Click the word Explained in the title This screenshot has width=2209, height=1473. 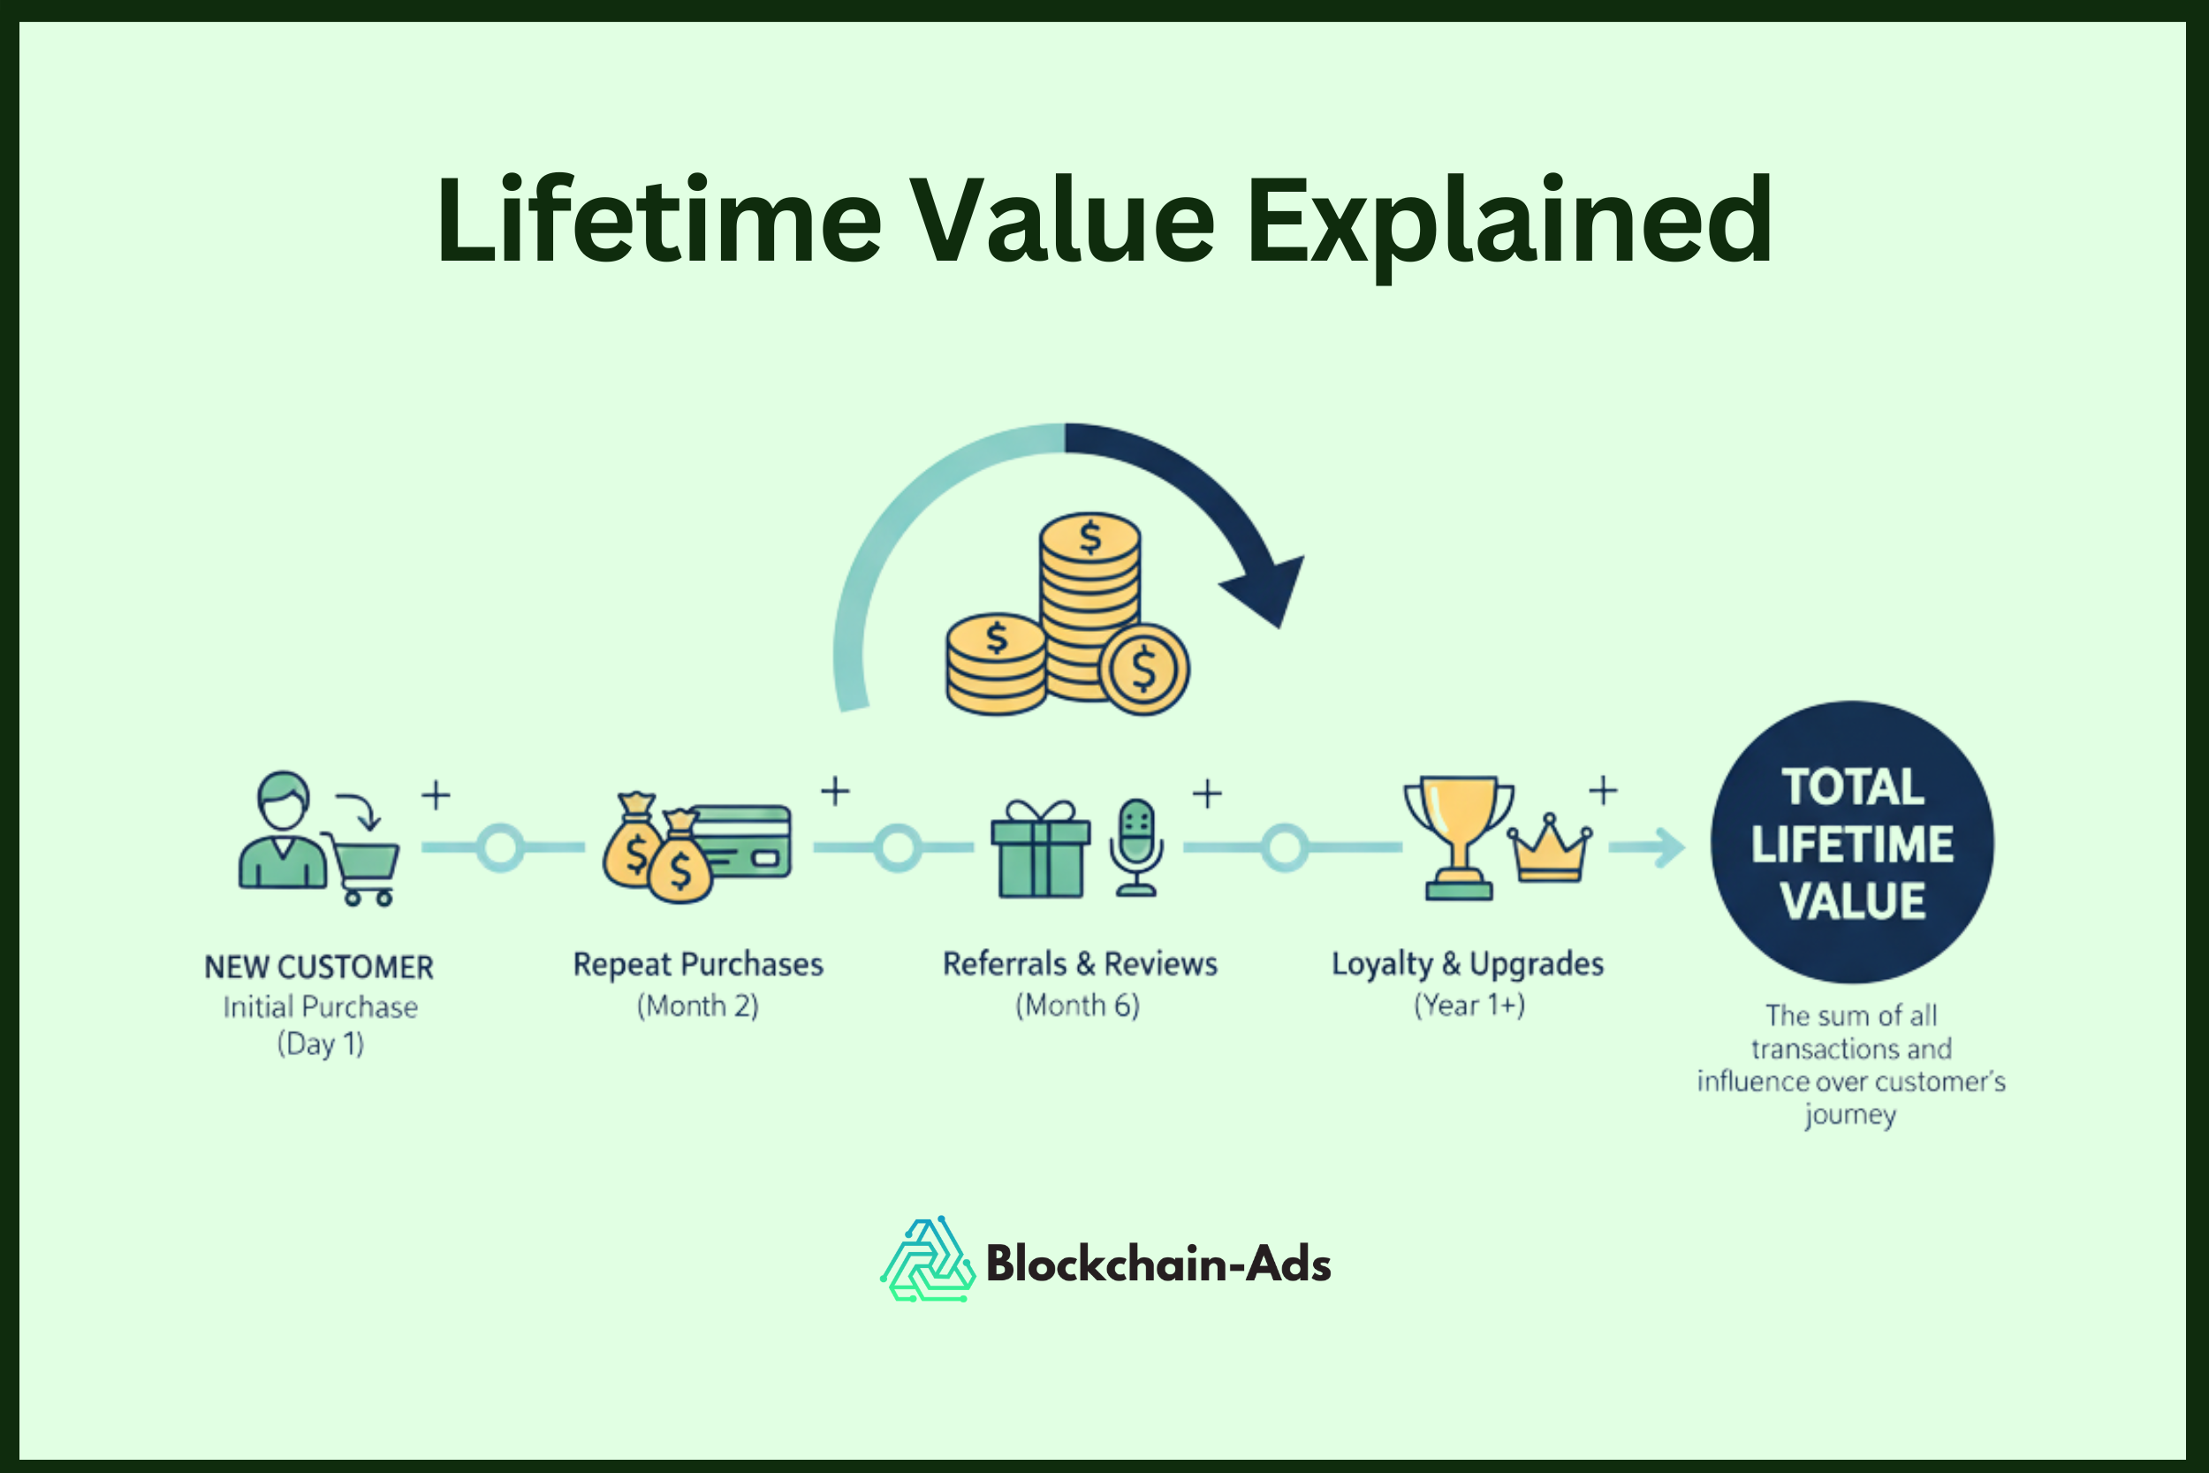(x=1508, y=223)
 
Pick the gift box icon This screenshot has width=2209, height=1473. (x=1041, y=849)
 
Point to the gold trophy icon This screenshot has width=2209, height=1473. (x=1459, y=836)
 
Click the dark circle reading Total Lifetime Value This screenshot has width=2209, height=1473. (x=1851, y=843)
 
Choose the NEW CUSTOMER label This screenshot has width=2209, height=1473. (x=319, y=968)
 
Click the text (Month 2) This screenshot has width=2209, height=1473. (x=698, y=1006)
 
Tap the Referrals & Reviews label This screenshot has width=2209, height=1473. (x=1080, y=964)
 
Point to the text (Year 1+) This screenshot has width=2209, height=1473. (x=1469, y=1006)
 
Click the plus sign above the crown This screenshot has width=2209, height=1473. (x=1603, y=790)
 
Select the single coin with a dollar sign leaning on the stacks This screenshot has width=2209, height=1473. (x=1144, y=670)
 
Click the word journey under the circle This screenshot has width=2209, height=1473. (x=1850, y=1115)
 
